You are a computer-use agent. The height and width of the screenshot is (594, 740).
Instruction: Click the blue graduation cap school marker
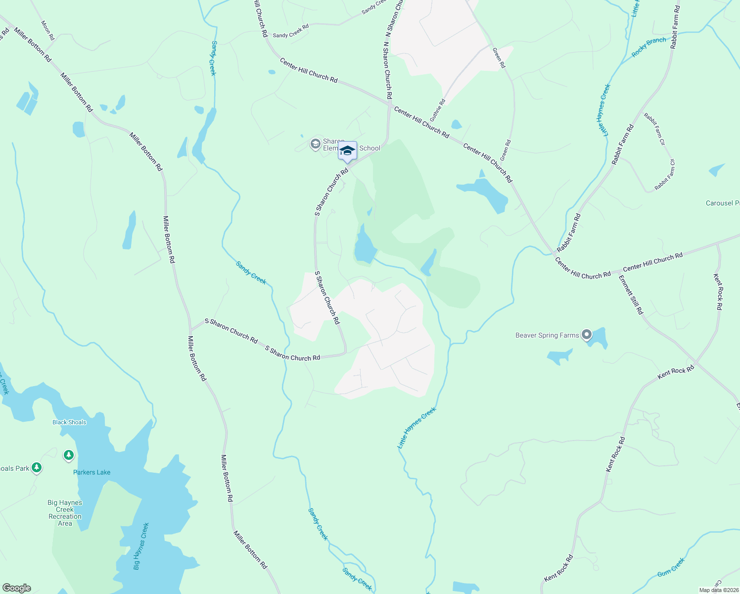347,150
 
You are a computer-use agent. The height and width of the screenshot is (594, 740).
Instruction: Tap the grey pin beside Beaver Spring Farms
586,335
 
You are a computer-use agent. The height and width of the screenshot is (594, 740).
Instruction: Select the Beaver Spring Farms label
547,335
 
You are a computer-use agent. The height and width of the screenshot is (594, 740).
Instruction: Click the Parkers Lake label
92,472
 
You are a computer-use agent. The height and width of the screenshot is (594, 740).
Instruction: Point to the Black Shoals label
69,422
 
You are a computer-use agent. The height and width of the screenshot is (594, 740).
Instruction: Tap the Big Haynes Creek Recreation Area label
65,513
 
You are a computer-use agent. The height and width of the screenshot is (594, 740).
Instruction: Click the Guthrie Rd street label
438,110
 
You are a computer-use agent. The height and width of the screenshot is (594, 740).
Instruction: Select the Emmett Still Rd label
631,295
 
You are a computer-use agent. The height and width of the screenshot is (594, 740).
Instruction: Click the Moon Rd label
48,30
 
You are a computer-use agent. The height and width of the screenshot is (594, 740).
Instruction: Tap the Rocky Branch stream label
649,47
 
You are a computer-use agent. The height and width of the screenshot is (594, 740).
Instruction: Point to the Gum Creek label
671,567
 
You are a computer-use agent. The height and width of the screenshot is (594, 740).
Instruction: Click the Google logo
16,588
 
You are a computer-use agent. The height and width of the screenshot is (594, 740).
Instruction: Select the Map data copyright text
718,590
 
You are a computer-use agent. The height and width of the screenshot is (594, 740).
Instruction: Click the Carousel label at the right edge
722,203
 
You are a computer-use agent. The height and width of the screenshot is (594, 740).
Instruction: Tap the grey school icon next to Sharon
315,144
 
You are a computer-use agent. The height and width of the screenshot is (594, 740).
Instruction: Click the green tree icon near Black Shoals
69,455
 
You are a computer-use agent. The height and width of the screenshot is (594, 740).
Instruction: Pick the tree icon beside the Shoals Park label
36,467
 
